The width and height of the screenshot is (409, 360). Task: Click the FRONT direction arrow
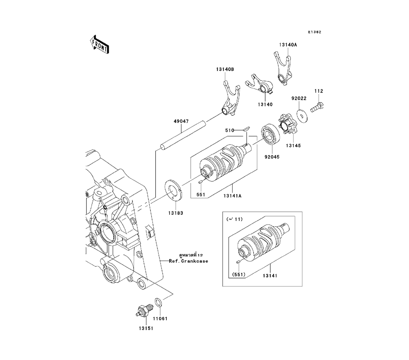click(x=99, y=45)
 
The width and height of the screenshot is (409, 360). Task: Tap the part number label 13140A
click(x=288, y=45)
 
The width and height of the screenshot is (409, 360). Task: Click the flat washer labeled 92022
click(x=302, y=116)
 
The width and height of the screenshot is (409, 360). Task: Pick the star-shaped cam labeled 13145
click(x=287, y=125)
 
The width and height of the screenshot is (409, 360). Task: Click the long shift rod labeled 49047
click(x=183, y=137)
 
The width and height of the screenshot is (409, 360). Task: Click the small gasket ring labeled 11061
click(x=158, y=302)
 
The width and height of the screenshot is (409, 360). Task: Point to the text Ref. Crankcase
click(x=189, y=261)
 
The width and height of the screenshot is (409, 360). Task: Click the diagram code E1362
click(x=315, y=32)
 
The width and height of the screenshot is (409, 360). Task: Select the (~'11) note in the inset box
click(x=234, y=219)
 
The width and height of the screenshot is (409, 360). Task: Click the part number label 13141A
click(x=232, y=196)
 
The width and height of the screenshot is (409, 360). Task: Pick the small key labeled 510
click(x=246, y=128)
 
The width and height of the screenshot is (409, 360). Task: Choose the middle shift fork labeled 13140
click(x=260, y=84)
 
